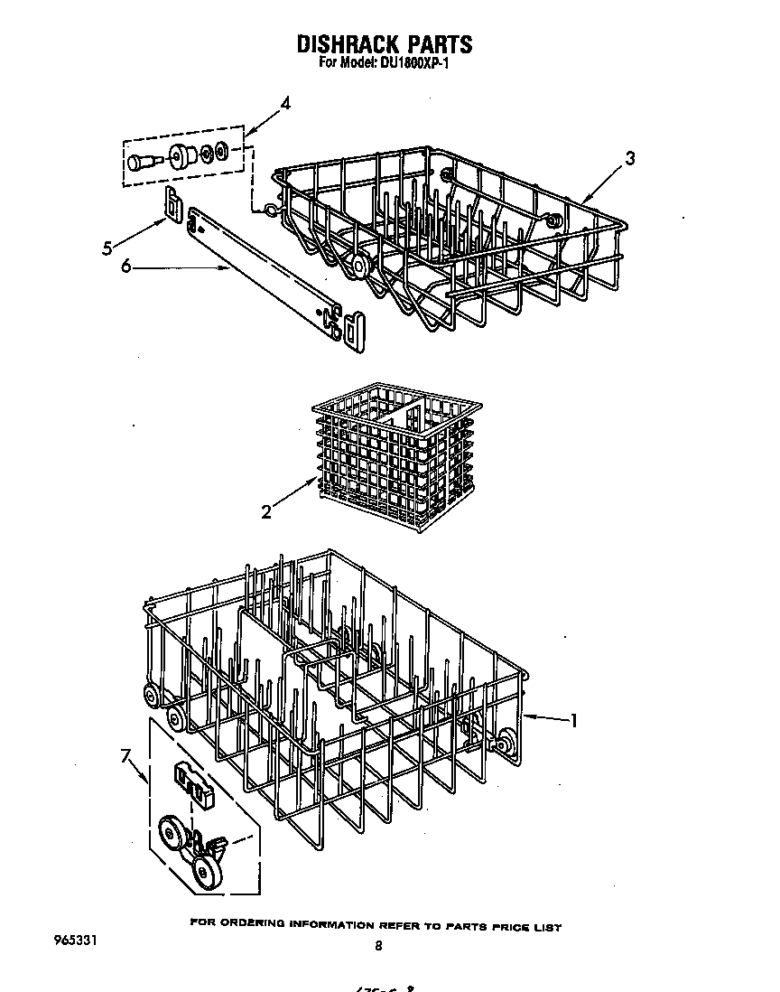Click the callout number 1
(571, 720)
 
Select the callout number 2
(266, 512)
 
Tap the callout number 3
(629, 158)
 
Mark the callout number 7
(126, 756)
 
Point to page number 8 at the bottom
(378, 946)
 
